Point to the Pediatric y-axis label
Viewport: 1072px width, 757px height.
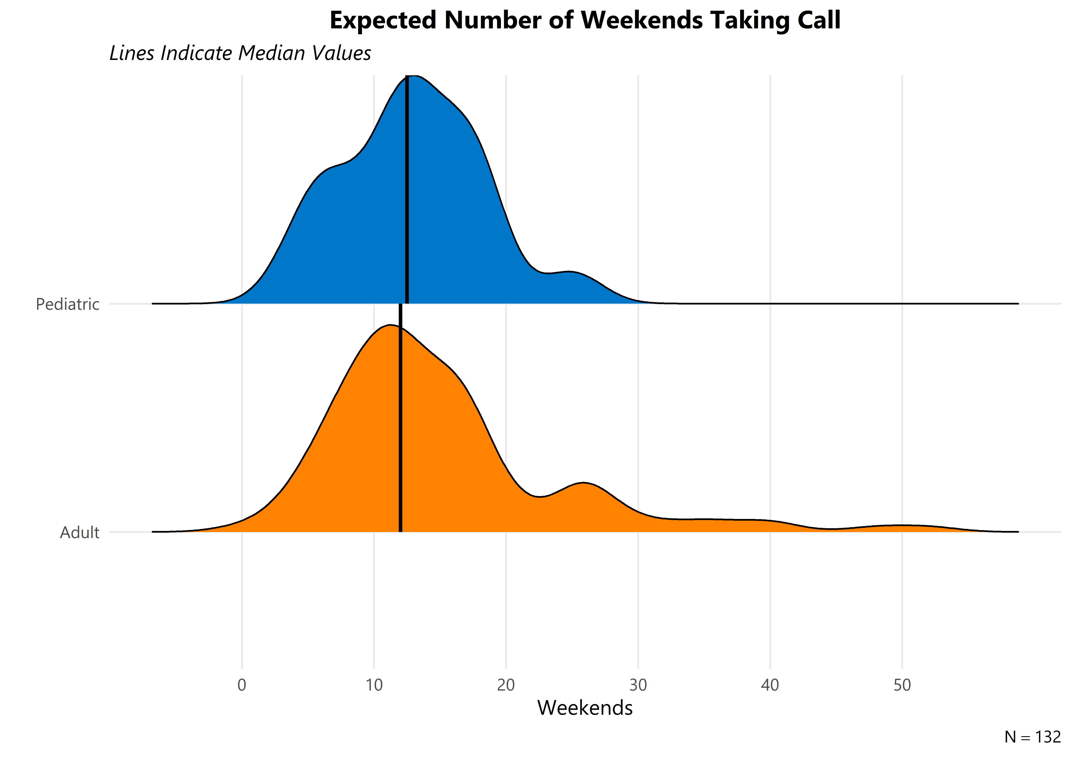(68, 304)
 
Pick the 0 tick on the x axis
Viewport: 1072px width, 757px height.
(242, 685)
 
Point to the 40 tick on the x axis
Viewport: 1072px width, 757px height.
(770, 685)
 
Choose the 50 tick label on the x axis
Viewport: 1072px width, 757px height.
(902, 685)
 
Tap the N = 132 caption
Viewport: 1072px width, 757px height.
(1032, 737)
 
